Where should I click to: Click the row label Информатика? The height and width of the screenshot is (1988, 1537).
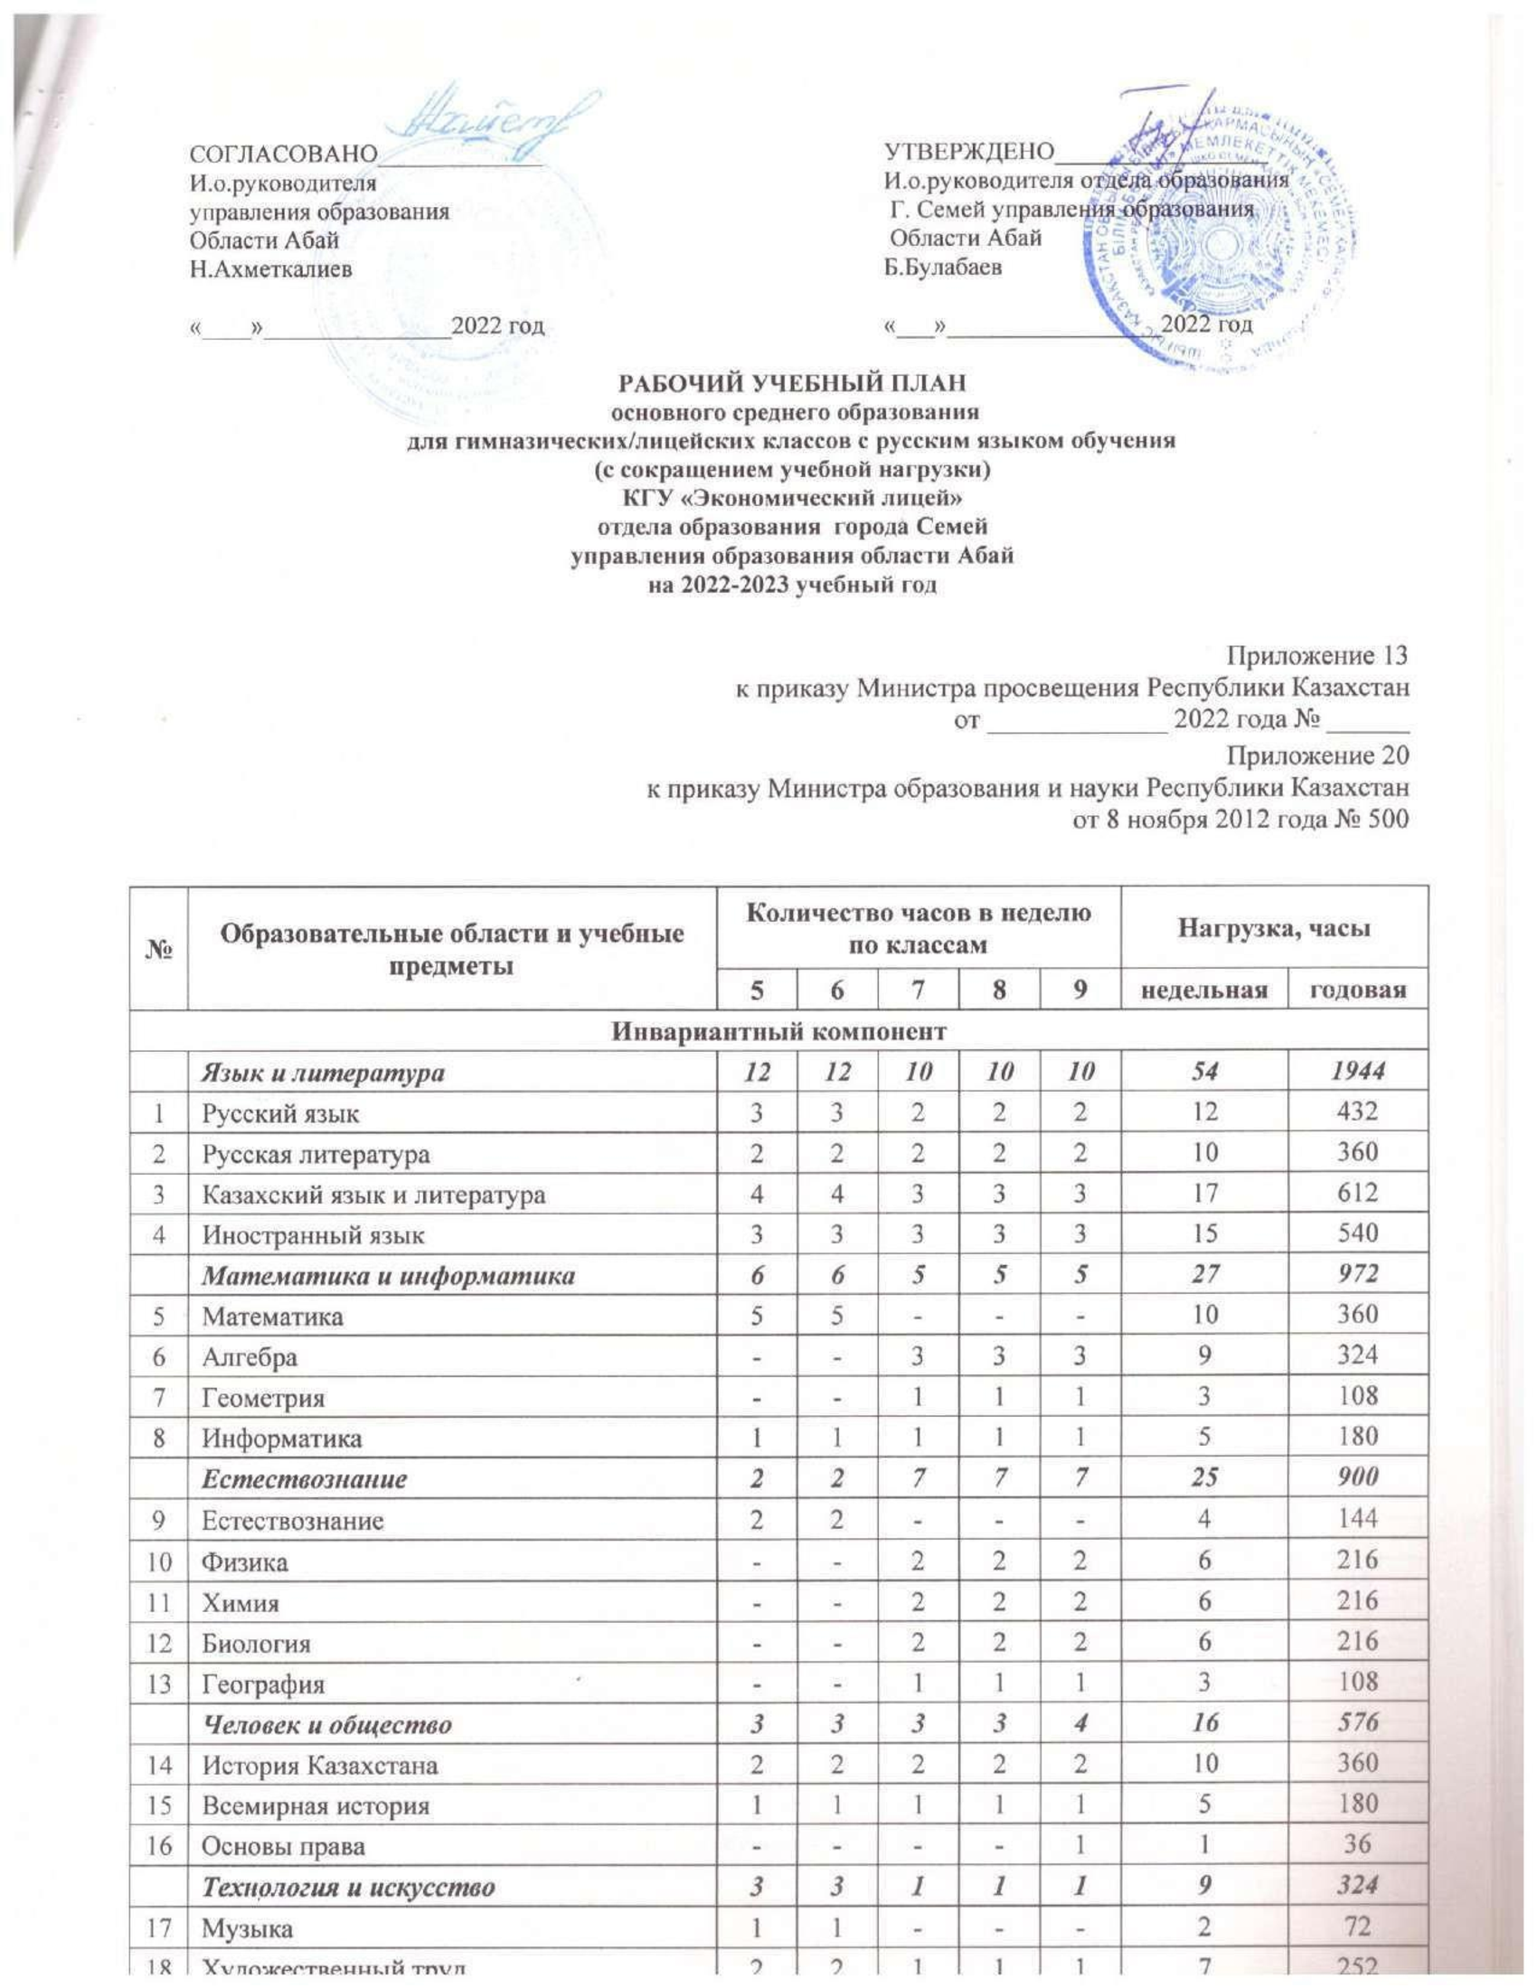(x=281, y=1439)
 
